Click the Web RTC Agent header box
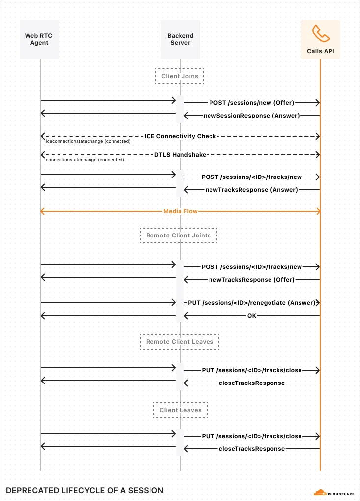[x=40, y=39]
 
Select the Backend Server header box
[x=180, y=39]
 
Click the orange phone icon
[x=321, y=33]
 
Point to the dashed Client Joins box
[x=180, y=76]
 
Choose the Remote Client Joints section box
[x=179, y=236]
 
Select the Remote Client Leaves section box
[x=180, y=341]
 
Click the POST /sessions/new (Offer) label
[x=252, y=103]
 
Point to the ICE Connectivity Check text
[x=180, y=136]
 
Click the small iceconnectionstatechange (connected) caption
[x=88, y=141]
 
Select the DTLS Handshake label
[x=180, y=154]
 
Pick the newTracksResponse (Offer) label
[x=252, y=279]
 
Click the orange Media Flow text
[x=180, y=211]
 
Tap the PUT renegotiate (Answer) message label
[x=252, y=302]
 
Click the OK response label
[x=252, y=315]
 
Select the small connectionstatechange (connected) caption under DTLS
[x=85, y=160]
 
